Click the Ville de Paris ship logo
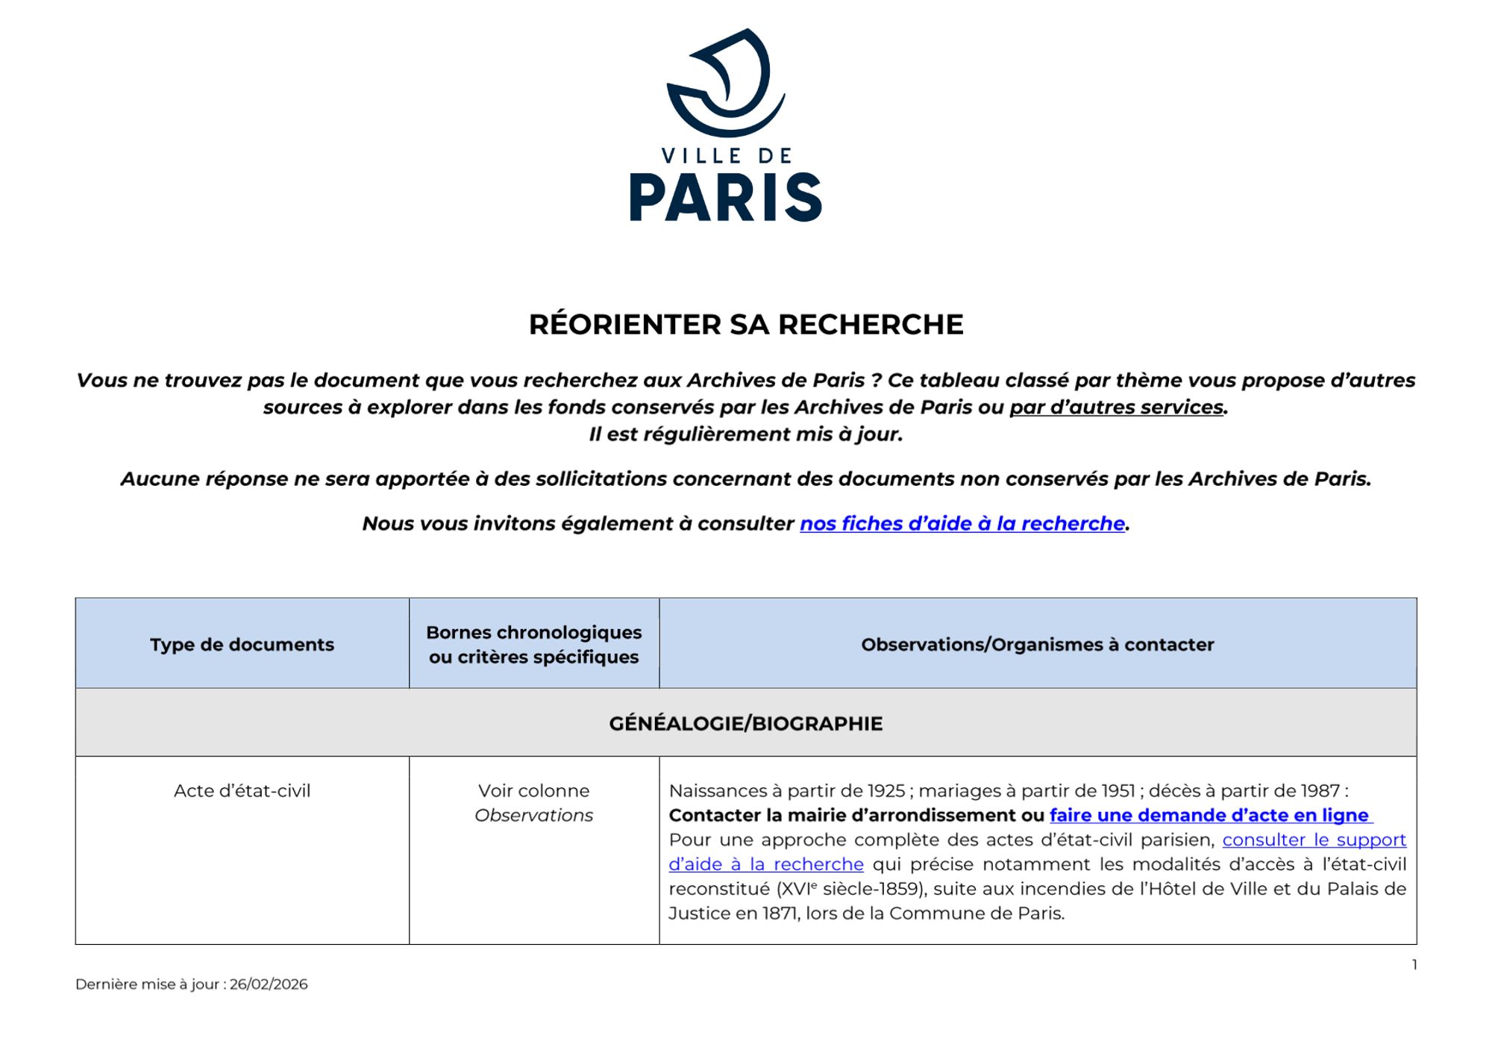point(725,82)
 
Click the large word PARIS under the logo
point(725,198)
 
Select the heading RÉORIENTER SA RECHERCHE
point(746,325)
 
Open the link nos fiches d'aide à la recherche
point(962,524)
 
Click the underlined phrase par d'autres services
point(1117,407)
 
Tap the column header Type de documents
point(242,645)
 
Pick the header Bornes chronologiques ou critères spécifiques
point(534,645)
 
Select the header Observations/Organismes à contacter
point(1038,645)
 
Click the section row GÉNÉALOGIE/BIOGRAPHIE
point(746,724)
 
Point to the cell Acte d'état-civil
point(242,791)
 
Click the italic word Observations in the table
point(534,816)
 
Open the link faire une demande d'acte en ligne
point(1209,816)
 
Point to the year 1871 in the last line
point(780,913)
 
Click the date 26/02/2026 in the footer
point(269,984)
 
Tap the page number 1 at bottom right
point(1414,965)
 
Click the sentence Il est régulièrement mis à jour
point(746,434)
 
